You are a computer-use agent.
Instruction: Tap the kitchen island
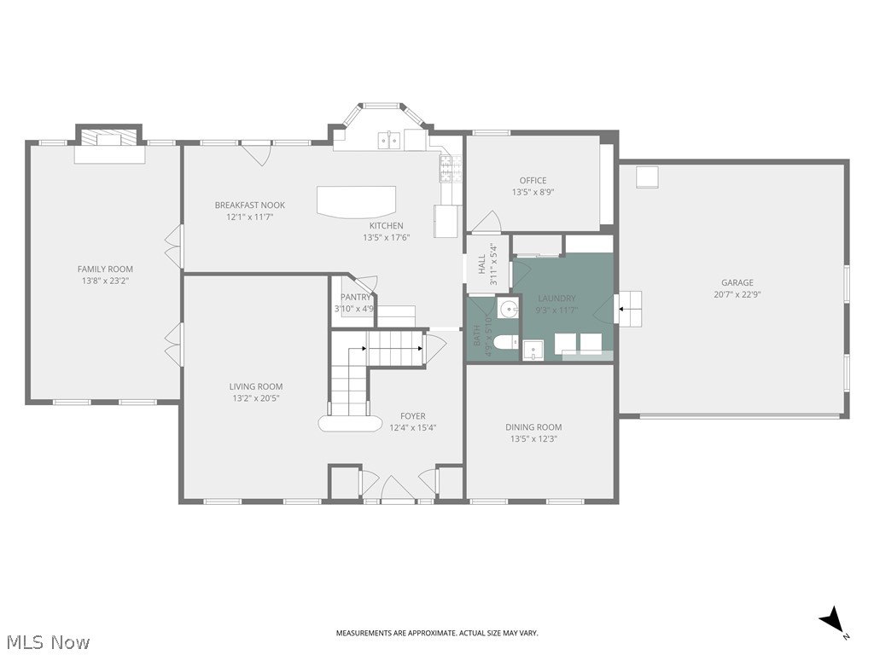(x=357, y=201)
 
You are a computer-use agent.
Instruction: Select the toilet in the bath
(x=504, y=343)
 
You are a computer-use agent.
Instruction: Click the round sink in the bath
(x=508, y=309)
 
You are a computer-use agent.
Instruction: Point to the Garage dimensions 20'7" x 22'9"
(x=737, y=294)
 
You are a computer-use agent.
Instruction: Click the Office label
(x=533, y=181)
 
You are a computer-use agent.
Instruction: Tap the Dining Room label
(x=533, y=427)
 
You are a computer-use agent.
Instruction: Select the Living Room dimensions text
(x=256, y=398)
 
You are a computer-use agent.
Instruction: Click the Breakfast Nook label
(x=249, y=206)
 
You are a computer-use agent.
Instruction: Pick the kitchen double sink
(x=390, y=139)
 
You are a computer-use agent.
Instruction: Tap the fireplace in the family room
(x=108, y=142)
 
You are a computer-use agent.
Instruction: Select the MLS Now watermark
(x=47, y=641)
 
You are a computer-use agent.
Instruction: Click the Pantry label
(x=356, y=298)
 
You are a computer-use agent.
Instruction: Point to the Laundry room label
(x=556, y=299)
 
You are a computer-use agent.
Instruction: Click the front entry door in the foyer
(x=398, y=492)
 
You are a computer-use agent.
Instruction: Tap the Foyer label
(x=413, y=416)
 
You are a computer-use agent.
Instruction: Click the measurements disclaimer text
(x=436, y=633)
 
